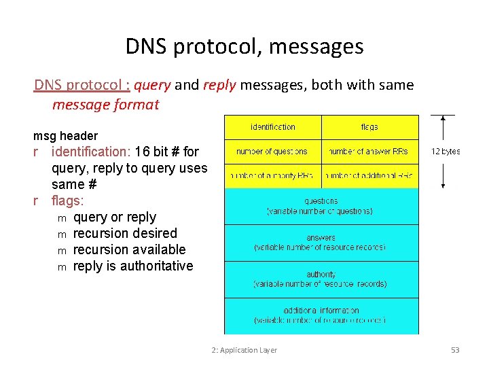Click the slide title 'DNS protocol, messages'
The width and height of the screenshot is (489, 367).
(244, 46)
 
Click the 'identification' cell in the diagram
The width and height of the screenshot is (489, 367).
(273, 127)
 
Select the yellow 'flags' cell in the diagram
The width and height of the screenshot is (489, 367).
(369, 127)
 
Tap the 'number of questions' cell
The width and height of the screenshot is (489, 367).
(273, 152)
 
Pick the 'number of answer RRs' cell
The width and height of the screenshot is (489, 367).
(369, 152)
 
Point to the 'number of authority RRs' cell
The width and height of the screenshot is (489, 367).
(273, 176)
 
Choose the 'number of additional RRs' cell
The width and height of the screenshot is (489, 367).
(369, 176)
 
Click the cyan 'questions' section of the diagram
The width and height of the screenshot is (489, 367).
(321, 206)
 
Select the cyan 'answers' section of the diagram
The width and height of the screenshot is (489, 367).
(321, 243)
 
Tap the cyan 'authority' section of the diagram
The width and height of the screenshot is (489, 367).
(321, 279)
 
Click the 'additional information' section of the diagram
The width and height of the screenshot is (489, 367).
(321, 315)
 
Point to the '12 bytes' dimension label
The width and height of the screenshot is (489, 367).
(446, 152)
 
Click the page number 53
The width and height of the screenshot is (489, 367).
(455, 350)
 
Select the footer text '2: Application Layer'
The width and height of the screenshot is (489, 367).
(244, 350)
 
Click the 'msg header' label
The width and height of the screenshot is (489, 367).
(65, 136)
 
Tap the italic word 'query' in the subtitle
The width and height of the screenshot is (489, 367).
(153, 85)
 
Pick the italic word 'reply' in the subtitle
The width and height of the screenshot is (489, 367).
(218, 85)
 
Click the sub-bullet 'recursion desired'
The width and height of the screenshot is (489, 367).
(125, 233)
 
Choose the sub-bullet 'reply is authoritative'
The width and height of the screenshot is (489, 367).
(133, 266)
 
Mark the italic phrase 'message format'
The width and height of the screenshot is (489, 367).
(105, 105)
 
